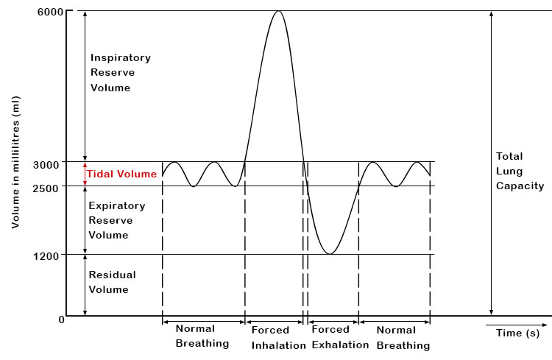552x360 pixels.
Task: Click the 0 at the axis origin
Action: [x=62, y=319]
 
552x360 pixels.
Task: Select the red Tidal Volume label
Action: [x=121, y=174]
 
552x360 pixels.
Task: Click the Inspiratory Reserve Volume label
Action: [x=120, y=73]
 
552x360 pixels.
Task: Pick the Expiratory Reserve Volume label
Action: [x=116, y=221]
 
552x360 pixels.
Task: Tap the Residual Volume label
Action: [x=112, y=282]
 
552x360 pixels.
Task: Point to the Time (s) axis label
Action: [x=517, y=333]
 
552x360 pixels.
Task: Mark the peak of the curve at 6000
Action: [x=277, y=11]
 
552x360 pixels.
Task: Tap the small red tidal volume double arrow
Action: [x=85, y=174]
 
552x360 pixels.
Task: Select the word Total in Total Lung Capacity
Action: [x=509, y=156]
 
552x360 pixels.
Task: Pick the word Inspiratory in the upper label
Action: [x=120, y=57]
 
